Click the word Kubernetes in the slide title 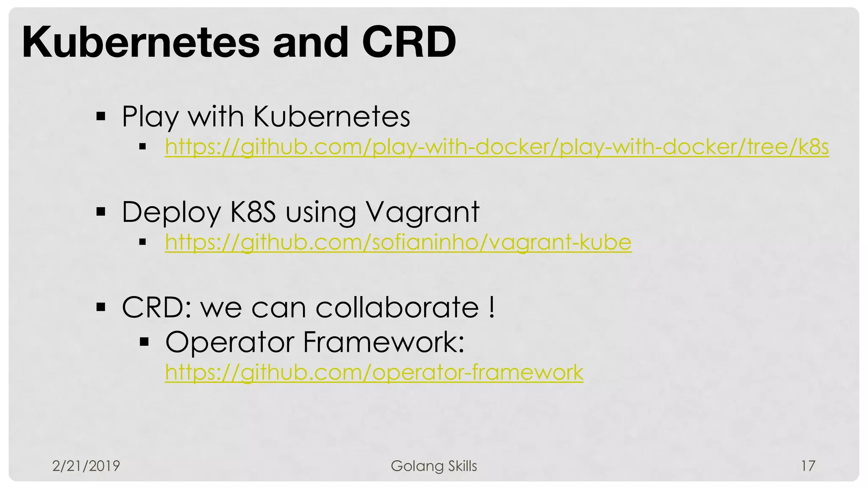click(x=141, y=42)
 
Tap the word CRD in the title click(x=409, y=42)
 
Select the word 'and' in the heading click(x=311, y=42)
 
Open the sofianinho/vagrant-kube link click(x=398, y=242)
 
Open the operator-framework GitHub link click(x=374, y=372)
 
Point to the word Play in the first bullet click(x=150, y=116)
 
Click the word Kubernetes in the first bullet click(x=332, y=116)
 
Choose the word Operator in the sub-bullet click(x=229, y=342)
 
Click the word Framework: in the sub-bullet click(x=384, y=342)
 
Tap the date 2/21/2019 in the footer click(x=86, y=466)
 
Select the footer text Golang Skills click(x=434, y=466)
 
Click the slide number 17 click(x=808, y=466)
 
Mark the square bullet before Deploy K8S click(x=101, y=212)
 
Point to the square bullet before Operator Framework click(x=145, y=341)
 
